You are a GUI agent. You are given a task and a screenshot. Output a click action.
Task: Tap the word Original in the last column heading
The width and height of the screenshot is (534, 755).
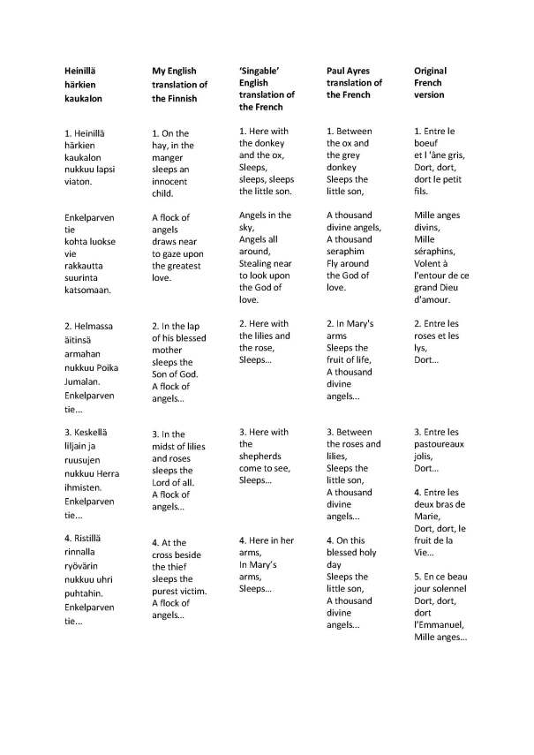point(431,71)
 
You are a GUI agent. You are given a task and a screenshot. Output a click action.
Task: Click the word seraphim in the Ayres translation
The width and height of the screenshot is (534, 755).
point(347,251)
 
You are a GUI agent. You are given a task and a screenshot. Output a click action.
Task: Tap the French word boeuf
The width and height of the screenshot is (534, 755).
point(428,143)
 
